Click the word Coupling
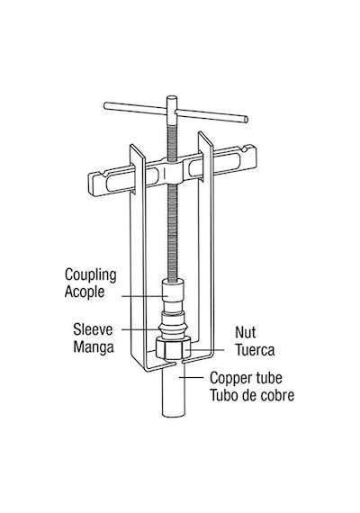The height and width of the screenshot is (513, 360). [90, 275]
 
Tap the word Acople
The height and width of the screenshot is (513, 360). [85, 292]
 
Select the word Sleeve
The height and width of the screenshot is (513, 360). [93, 329]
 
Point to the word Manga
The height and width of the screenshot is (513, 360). [94, 346]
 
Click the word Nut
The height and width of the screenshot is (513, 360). [245, 332]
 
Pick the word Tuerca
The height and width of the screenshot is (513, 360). [255, 350]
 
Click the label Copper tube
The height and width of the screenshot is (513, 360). [246, 379]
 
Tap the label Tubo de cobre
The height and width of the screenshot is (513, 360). [252, 395]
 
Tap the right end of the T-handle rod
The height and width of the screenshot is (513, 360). [245, 119]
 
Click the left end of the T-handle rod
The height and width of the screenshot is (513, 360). [106, 105]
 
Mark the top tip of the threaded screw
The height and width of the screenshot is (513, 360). [172, 96]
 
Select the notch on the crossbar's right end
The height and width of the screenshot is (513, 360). [244, 148]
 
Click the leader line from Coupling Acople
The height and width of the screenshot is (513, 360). [145, 296]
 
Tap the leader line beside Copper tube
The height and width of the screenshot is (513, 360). [191, 378]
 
